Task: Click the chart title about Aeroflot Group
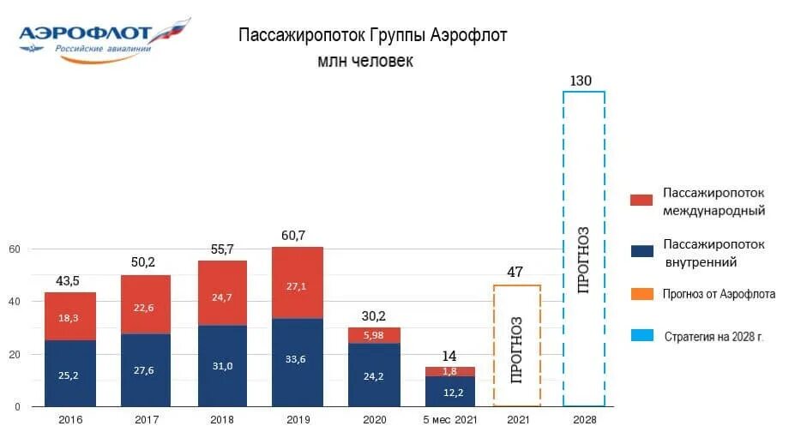point(372,36)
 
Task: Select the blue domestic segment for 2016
point(70,373)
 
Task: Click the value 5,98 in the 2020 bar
point(375,335)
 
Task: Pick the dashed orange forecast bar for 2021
point(517,345)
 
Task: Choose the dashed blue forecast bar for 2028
point(583,249)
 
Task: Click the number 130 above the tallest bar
point(581,81)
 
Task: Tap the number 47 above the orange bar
point(516,273)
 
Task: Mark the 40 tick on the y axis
point(15,302)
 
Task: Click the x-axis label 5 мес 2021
point(449,420)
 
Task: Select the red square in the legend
point(642,200)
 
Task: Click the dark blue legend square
point(642,251)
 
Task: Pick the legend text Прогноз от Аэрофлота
point(719,294)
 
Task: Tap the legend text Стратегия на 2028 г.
point(714,336)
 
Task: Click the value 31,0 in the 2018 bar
point(223,365)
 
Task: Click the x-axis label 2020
point(375,420)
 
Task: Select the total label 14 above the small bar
point(449,356)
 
